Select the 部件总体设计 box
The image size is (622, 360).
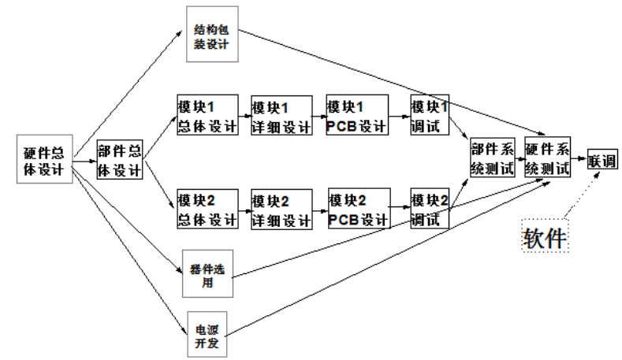point(121,161)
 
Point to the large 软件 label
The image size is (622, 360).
point(546,236)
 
